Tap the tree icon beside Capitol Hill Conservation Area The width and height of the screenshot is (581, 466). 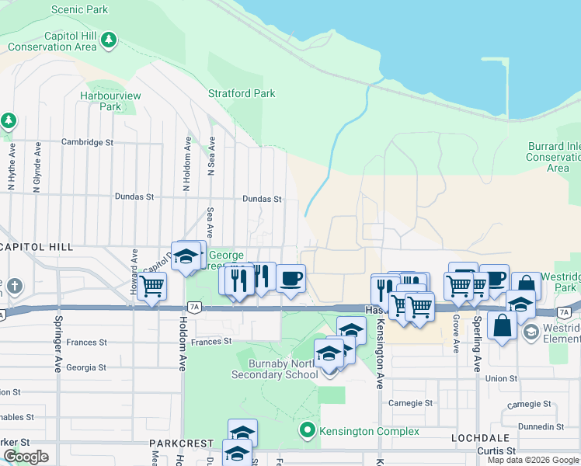pos(110,38)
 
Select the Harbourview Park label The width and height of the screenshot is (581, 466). pos(110,101)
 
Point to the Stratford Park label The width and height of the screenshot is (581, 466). pos(242,94)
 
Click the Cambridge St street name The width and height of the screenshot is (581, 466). pos(88,143)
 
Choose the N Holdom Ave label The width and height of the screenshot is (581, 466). pos(186,164)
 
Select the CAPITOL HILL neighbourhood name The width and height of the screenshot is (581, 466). pos(37,247)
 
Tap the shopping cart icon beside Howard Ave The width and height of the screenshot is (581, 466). pos(152,286)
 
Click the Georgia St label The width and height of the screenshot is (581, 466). pos(86,368)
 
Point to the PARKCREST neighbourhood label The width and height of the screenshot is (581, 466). pos(181,443)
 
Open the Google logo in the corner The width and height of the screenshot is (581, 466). pos(26,456)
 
